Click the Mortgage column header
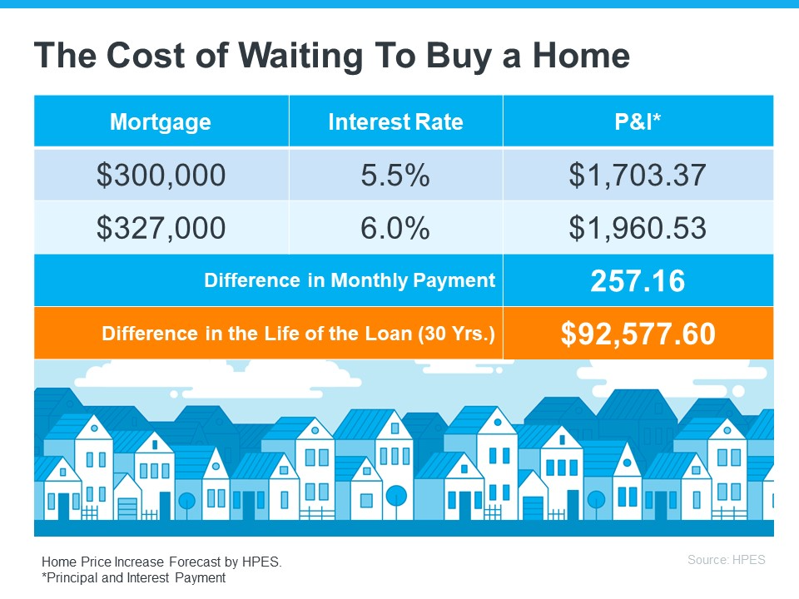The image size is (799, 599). pos(161,122)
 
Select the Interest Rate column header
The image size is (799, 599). pos(395,122)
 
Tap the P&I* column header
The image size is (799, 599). pos(638,122)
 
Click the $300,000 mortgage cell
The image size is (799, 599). pos(161,175)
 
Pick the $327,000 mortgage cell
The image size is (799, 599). pos(161,228)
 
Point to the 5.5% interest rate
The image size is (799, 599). pos(395,175)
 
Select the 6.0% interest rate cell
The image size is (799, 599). pos(395,228)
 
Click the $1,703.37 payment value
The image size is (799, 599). pos(638,175)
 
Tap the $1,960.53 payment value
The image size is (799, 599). pos(638,228)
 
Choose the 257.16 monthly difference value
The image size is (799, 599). pos(638,281)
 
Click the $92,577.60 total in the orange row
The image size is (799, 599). pos(638,334)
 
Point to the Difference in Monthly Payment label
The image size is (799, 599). pos(350,281)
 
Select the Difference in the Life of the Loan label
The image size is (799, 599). pos(298,334)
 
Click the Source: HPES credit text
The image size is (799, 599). pos(726,560)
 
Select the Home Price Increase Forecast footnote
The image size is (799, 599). pos(161,562)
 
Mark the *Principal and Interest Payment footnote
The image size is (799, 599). pos(133,577)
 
